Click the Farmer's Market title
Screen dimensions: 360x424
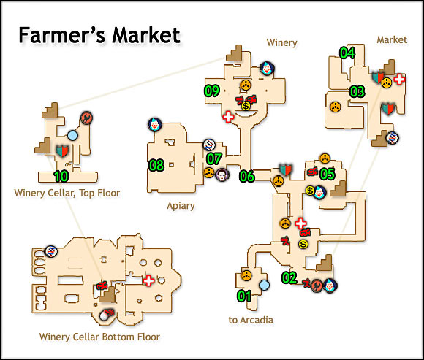pyautogui.click(x=99, y=36)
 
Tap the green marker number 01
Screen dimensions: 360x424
pyautogui.click(x=243, y=296)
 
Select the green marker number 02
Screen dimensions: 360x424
pyautogui.click(x=289, y=277)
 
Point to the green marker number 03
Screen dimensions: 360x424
pyautogui.click(x=357, y=91)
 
